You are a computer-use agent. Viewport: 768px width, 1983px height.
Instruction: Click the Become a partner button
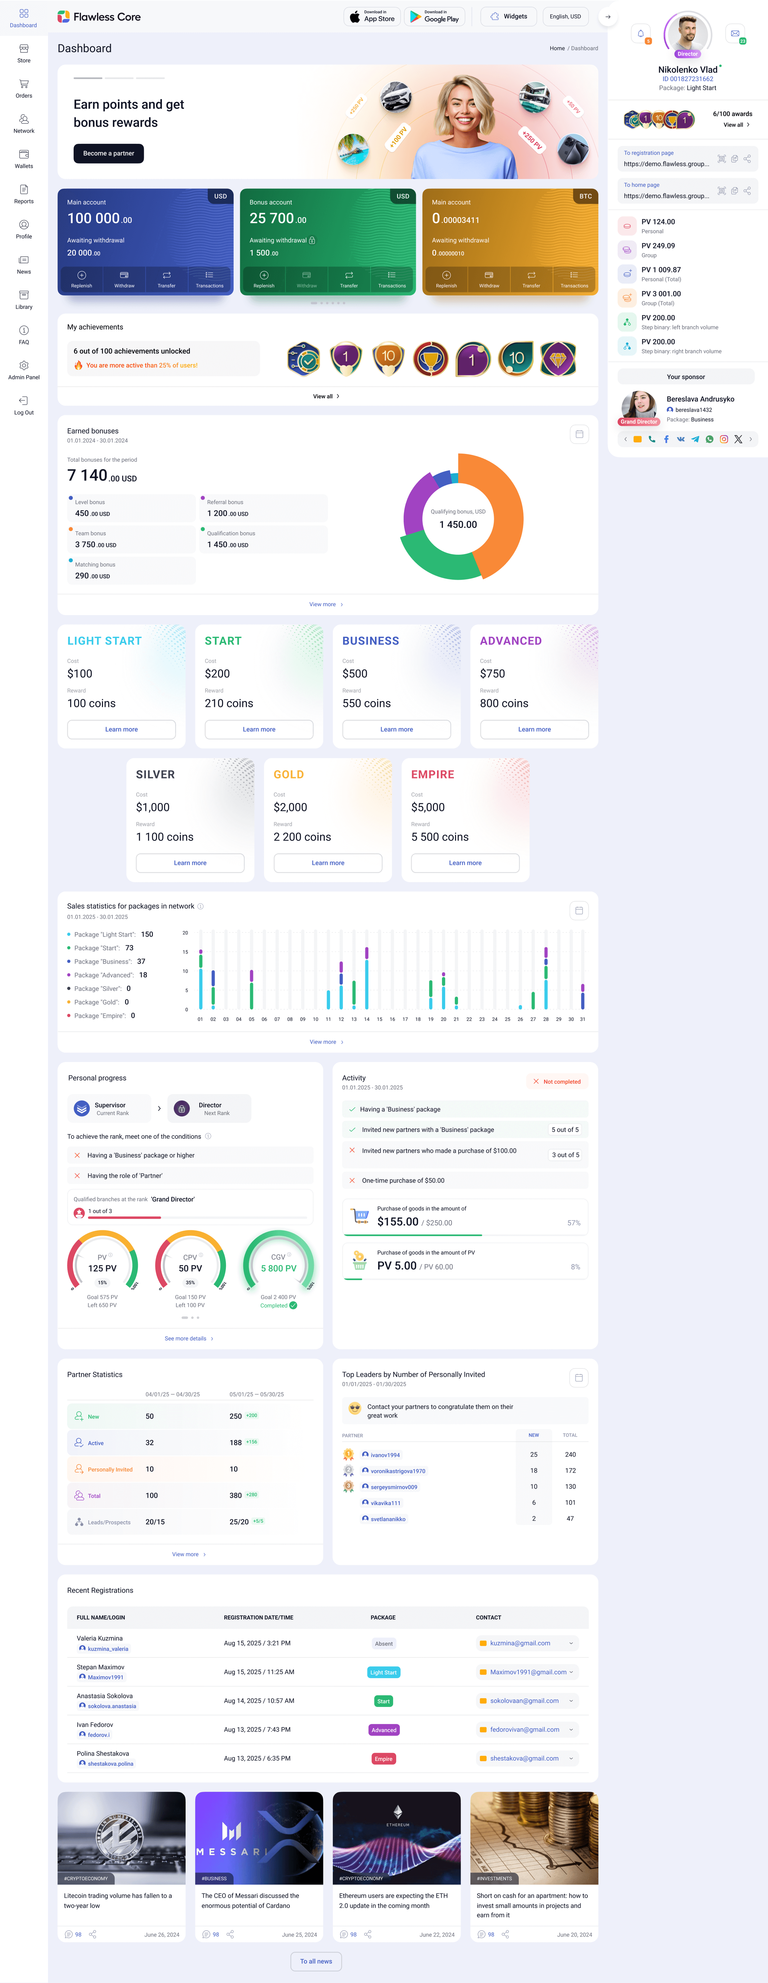coord(108,153)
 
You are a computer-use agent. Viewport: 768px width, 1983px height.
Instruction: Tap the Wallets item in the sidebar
coord(24,159)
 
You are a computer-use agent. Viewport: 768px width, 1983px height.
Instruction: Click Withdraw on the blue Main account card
coord(124,279)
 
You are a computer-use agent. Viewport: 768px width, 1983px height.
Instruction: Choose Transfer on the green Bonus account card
coord(349,279)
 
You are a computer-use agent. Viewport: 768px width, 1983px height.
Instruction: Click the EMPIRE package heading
coord(433,774)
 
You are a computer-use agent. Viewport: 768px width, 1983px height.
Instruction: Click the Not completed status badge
coord(557,1082)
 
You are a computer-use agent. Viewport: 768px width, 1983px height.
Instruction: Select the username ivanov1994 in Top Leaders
coord(385,1455)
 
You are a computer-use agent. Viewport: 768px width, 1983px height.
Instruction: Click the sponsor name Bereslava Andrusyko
coord(699,399)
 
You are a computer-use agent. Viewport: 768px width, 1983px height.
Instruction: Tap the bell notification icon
coord(640,33)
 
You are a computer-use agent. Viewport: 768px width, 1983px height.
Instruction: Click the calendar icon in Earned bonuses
coord(579,434)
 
